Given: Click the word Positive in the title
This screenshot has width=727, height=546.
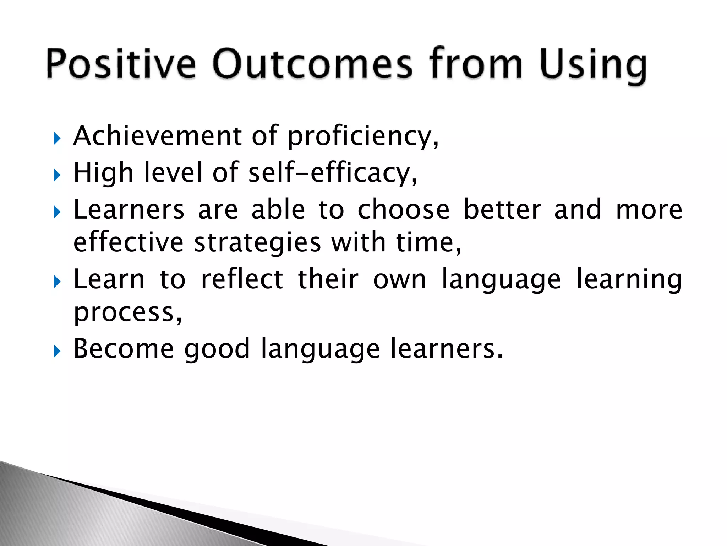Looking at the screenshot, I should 121,64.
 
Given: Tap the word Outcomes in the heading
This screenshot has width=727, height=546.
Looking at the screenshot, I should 312,64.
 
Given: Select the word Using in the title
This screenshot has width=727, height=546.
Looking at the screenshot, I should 593,66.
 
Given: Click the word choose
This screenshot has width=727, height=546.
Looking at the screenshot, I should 403,209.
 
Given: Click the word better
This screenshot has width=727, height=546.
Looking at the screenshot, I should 502,209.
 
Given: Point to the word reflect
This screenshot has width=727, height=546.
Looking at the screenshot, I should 242,279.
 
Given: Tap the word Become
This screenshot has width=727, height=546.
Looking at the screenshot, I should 124,348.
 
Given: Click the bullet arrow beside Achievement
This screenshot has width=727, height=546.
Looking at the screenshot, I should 57,139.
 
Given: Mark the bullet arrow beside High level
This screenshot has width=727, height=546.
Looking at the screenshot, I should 57,175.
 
